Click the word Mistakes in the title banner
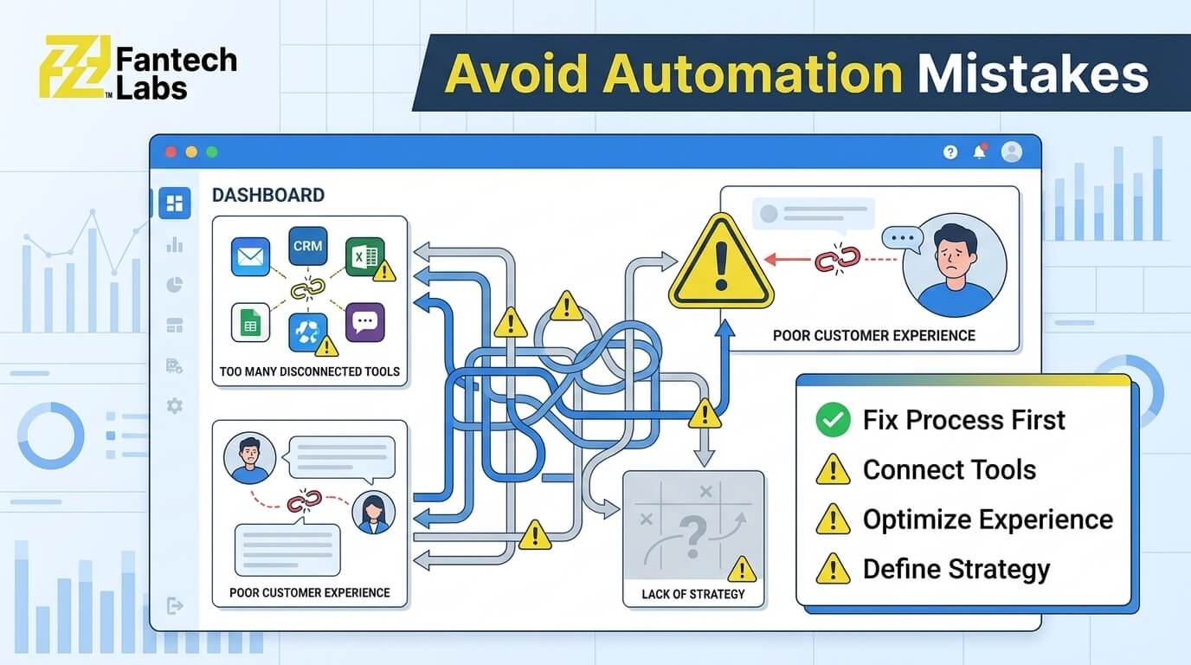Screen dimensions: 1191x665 [x=1033, y=74]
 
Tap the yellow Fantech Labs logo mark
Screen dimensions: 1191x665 [x=74, y=67]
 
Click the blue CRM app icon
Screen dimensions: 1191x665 [x=308, y=246]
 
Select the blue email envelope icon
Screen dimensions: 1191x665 [x=250, y=256]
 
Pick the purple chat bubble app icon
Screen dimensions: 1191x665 [x=364, y=322]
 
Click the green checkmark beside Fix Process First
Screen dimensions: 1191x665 [x=833, y=420]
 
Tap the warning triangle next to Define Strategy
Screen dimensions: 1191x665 [x=833, y=569]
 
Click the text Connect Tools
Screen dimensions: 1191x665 [x=950, y=470]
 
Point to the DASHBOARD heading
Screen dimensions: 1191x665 [x=268, y=195]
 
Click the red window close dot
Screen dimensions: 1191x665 [x=171, y=152]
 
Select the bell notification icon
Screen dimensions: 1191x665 [x=980, y=152]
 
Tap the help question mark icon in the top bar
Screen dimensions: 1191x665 [x=950, y=152]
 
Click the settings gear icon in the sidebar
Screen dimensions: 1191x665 [x=174, y=406]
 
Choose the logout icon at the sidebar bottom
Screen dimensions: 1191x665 [x=174, y=605]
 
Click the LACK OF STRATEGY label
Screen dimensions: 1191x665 [x=693, y=594]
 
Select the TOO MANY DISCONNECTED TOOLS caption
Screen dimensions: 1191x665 [x=310, y=371]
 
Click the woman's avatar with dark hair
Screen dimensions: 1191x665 [x=373, y=513]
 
